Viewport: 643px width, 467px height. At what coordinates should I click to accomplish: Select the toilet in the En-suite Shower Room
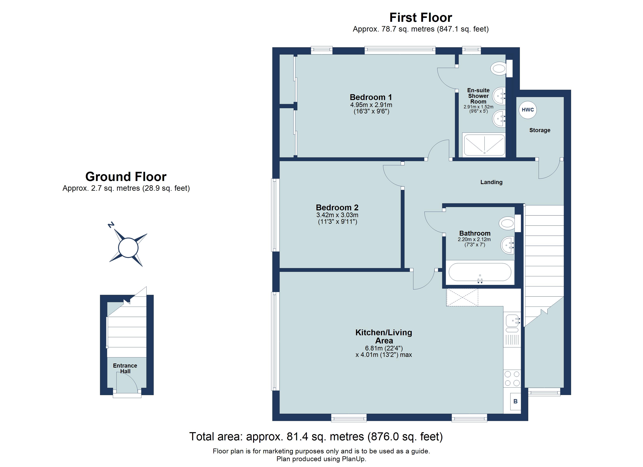500,68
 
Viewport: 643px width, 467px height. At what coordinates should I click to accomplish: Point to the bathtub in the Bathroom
480,272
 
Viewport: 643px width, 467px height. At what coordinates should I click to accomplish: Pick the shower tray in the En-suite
484,145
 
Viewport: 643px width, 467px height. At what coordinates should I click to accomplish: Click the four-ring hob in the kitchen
512,379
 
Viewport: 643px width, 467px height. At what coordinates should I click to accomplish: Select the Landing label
491,182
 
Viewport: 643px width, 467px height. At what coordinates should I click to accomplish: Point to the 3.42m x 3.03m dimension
337,215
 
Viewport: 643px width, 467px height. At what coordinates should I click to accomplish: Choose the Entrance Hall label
125,368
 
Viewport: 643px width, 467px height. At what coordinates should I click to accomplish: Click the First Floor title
420,18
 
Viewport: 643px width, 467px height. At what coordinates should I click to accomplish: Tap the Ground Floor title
126,177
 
